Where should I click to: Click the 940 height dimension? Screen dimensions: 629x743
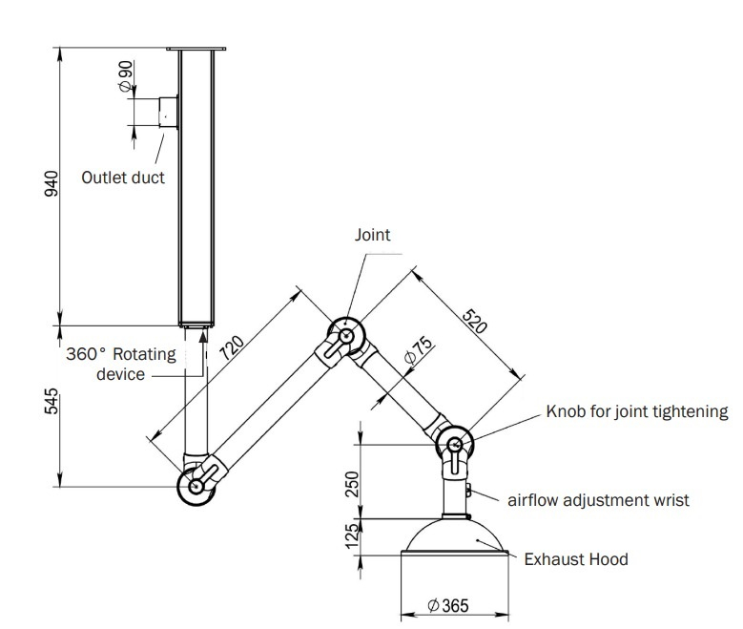click(x=52, y=183)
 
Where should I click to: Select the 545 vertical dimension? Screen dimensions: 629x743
click(x=52, y=401)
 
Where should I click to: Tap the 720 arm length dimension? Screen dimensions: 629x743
click(x=232, y=346)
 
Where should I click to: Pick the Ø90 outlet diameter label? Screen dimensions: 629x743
click(x=126, y=76)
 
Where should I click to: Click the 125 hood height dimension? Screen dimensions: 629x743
click(x=352, y=536)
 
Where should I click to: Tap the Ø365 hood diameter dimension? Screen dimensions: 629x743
click(x=447, y=606)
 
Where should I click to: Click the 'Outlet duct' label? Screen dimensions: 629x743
click(x=122, y=177)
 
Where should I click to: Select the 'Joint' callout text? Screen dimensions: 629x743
click(x=372, y=234)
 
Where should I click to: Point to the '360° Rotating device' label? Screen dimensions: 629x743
click(x=121, y=364)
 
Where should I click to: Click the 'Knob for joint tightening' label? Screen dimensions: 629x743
click(x=636, y=412)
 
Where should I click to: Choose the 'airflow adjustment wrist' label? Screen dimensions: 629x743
click(x=598, y=499)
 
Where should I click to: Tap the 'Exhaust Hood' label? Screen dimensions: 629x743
click(x=576, y=559)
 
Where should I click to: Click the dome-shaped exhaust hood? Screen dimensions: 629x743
click(x=457, y=538)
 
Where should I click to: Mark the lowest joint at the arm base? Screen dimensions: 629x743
click(x=196, y=486)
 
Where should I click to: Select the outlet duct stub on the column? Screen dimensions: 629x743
click(x=168, y=112)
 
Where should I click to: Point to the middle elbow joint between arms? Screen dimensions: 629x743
click(x=344, y=335)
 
